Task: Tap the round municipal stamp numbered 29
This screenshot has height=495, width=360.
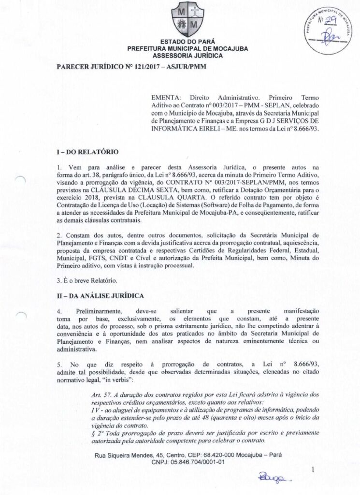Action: tap(325, 29)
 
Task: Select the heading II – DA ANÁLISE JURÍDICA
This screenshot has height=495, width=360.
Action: tap(102, 294)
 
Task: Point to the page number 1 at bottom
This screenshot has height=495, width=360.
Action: tap(313, 468)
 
